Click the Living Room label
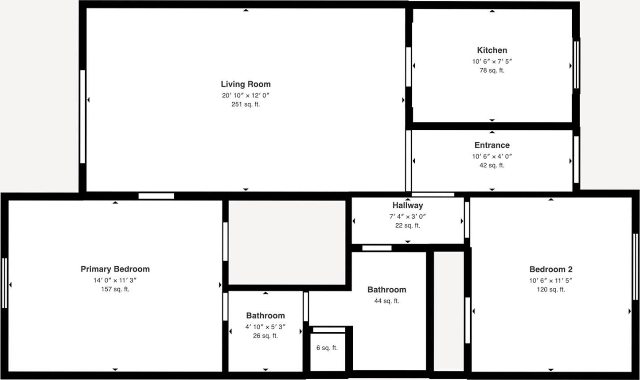point(246,84)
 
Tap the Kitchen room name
point(492,50)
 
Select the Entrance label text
point(492,145)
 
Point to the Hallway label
point(407,206)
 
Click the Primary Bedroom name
point(115,269)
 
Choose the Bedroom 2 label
point(551,269)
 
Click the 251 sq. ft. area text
point(246,105)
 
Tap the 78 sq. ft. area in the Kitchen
point(492,70)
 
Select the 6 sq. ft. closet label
point(327,348)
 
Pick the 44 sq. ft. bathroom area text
point(387,301)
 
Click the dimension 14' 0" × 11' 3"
point(115,280)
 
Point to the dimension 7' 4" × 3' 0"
point(407,217)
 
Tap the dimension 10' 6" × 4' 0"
point(492,156)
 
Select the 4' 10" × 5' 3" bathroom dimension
point(265,327)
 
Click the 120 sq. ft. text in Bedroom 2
point(551,290)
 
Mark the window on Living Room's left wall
point(82,117)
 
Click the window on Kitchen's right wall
point(577,65)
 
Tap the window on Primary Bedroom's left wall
point(4,283)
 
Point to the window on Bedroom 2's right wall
point(636,267)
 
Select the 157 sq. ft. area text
point(115,289)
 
